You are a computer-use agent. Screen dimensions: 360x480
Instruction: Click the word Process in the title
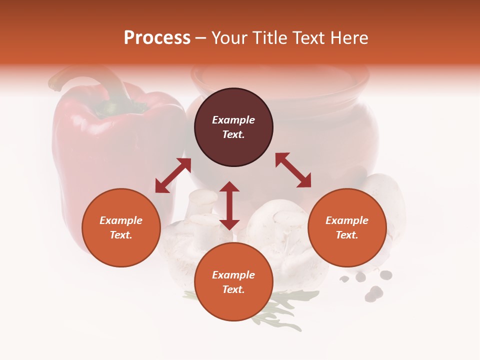pyautogui.click(x=157, y=38)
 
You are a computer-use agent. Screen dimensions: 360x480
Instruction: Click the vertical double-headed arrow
pyautogui.click(x=229, y=205)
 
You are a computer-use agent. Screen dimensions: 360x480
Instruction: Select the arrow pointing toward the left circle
pyautogui.click(x=173, y=175)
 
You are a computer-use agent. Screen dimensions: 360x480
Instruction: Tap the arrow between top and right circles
pyautogui.click(x=293, y=170)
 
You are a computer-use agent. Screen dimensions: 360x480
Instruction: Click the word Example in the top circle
pyautogui.click(x=233, y=120)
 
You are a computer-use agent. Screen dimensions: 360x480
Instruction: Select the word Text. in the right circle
pyautogui.click(x=346, y=235)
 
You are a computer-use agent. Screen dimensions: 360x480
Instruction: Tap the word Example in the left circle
pyautogui.click(x=121, y=220)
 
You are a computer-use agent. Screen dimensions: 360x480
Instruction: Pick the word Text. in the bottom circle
pyautogui.click(x=233, y=289)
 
